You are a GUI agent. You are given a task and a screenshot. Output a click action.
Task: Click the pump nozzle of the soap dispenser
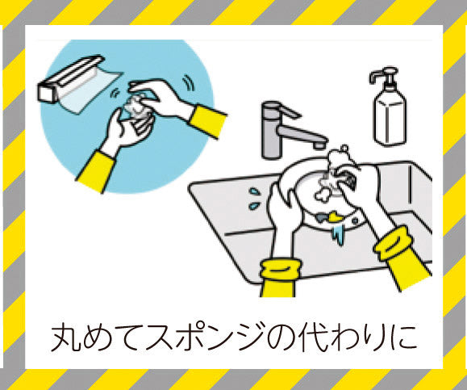(382, 74)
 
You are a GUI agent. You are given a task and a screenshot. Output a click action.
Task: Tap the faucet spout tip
(319, 145)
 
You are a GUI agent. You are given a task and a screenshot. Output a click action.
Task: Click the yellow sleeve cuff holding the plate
(281, 270)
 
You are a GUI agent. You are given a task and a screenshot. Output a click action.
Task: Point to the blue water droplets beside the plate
(255, 199)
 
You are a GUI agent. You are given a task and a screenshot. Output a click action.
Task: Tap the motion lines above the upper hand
(188, 82)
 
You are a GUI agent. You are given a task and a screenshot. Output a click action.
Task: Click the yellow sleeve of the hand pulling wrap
(207, 121)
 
